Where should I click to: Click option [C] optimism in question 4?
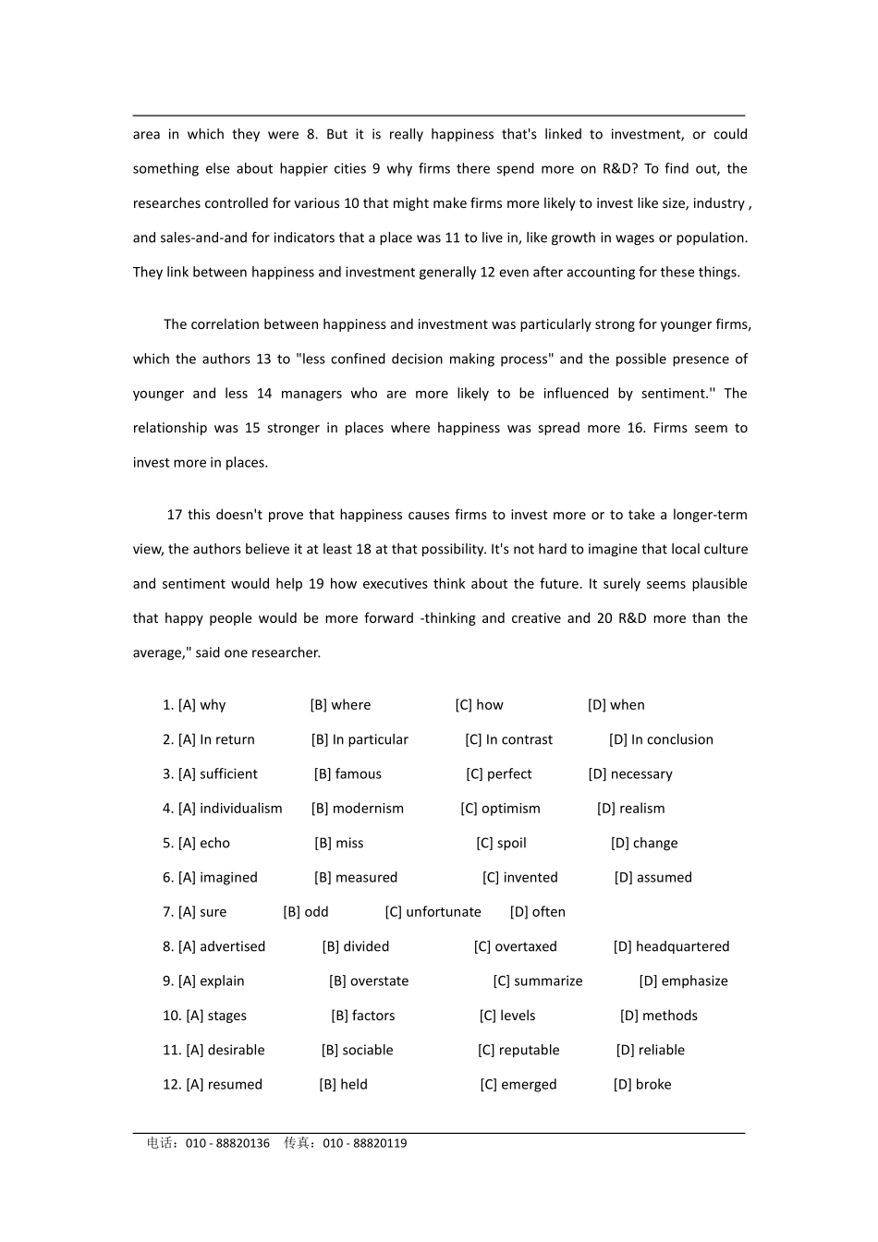(x=500, y=809)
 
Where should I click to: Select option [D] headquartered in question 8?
(x=671, y=946)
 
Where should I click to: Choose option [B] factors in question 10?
(x=362, y=1016)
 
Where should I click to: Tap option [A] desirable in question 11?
(x=226, y=1050)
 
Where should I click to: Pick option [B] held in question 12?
(x=343, y=1085)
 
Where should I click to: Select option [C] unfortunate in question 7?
(x=433, y=912)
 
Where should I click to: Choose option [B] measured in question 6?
(x=356, y=878)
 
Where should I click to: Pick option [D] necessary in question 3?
(x=630, y=774)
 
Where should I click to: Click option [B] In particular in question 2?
(x=360, y=740)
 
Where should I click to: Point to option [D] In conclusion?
(x=661, y=740)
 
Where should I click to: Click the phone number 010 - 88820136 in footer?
(x=227, y=1143)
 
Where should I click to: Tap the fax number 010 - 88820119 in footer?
(x=365, y=1143)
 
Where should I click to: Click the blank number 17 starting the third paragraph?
(x=175, y=515)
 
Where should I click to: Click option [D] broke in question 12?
(x=642, y=1085)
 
